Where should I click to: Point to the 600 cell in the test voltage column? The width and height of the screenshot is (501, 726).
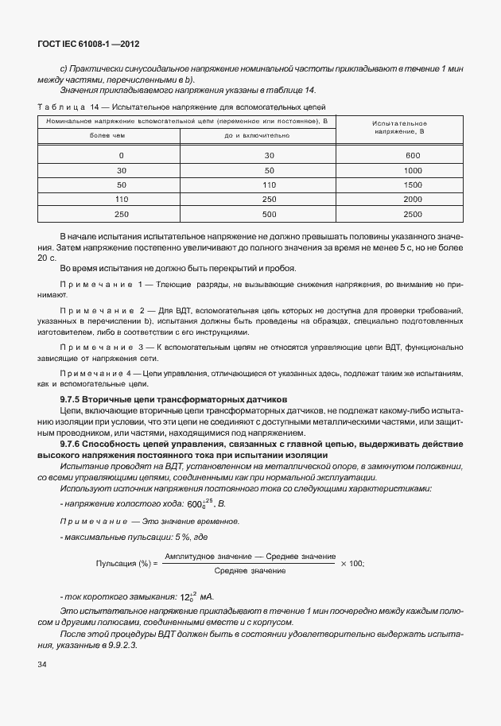pos(412,156)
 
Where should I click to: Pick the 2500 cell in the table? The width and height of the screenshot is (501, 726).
pos(412,215)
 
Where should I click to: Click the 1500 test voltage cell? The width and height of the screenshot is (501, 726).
pos(412,185)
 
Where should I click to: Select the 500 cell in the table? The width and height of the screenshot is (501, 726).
pos(269,215)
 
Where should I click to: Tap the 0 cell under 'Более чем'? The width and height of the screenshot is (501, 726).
pos(122,156)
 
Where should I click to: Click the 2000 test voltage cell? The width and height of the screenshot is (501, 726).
pos(412,200)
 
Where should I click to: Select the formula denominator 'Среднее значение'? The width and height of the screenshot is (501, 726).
pos(250,571)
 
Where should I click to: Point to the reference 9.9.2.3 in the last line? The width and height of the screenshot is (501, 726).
pos(122,646)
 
